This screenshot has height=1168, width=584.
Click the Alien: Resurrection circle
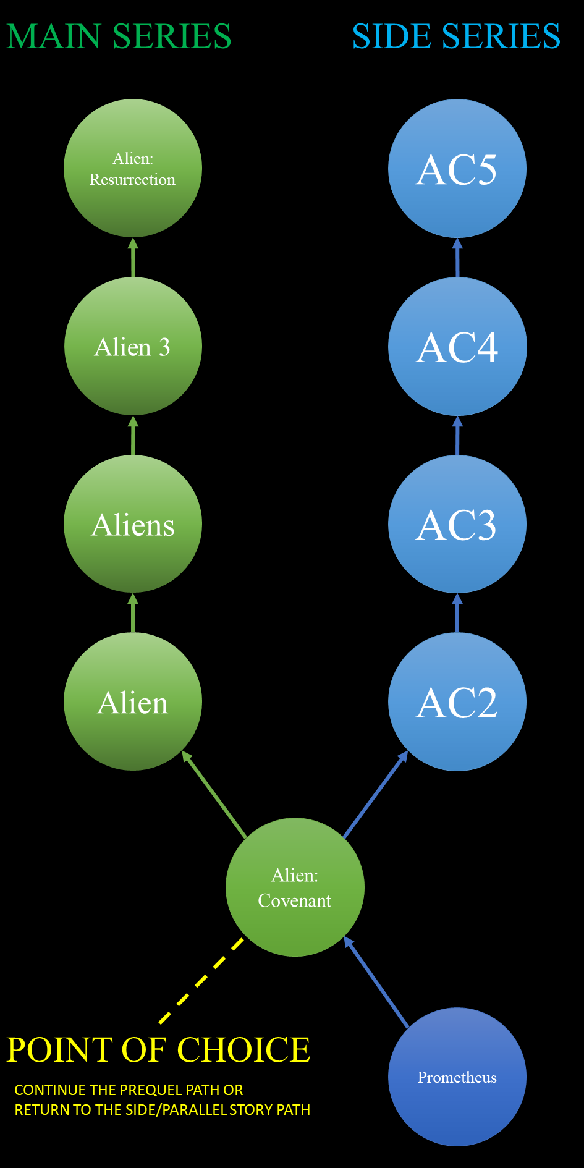point(133,168)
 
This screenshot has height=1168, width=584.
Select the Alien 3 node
point(133,346)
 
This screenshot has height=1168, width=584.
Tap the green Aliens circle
point(133,524)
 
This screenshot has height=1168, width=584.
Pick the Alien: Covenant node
point(295,887)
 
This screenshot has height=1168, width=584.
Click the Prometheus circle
point(457,1077)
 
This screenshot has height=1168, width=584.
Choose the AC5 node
point(457,168)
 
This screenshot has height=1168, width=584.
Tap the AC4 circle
point(457,346)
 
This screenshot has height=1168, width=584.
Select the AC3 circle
point(457,524)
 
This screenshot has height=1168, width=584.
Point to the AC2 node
point(457,702)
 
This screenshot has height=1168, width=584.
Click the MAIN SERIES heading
point(119,36)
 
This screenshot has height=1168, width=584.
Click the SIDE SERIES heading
point(456,36)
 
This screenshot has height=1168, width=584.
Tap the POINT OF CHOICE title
point(158,1050)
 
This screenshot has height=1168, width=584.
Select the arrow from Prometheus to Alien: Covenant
point(376,983)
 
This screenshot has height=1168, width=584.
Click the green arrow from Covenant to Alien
point(214,795)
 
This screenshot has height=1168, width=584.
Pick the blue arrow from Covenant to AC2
point(375,795)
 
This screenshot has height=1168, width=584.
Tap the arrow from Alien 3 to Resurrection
point(133,258)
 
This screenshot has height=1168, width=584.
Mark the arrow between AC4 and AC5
point(457,258)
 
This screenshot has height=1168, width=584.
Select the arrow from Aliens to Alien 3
point(133,436)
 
